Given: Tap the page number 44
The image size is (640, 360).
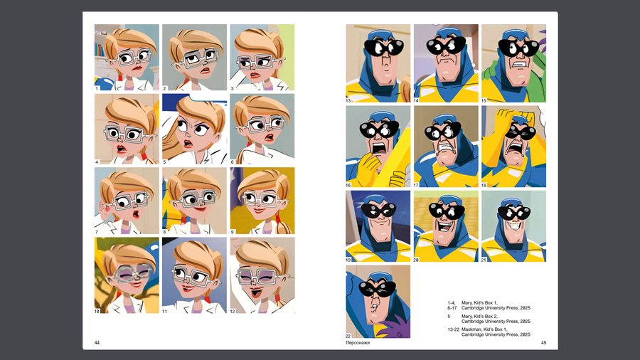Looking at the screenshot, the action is coord(97,342).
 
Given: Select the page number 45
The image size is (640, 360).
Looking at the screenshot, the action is coord(543,342).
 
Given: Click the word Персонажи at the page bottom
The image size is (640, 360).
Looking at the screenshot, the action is coord(358,343).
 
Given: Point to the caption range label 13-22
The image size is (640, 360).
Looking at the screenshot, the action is coord(453,329).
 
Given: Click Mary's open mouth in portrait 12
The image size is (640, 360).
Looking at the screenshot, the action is coord(257,292).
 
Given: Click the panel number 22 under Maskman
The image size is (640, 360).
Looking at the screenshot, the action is coord(348,336).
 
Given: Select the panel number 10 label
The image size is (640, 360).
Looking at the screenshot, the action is coord(97,311).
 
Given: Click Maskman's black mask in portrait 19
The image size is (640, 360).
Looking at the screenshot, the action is coord(378,211).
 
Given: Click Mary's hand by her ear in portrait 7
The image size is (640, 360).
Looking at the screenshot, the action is coord(105,212).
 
